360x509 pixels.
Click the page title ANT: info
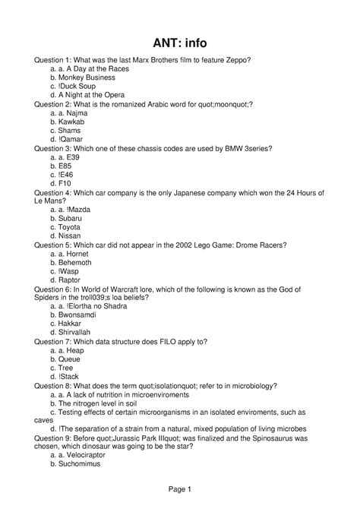click(180, 43)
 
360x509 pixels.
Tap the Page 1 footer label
click(180, 491)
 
